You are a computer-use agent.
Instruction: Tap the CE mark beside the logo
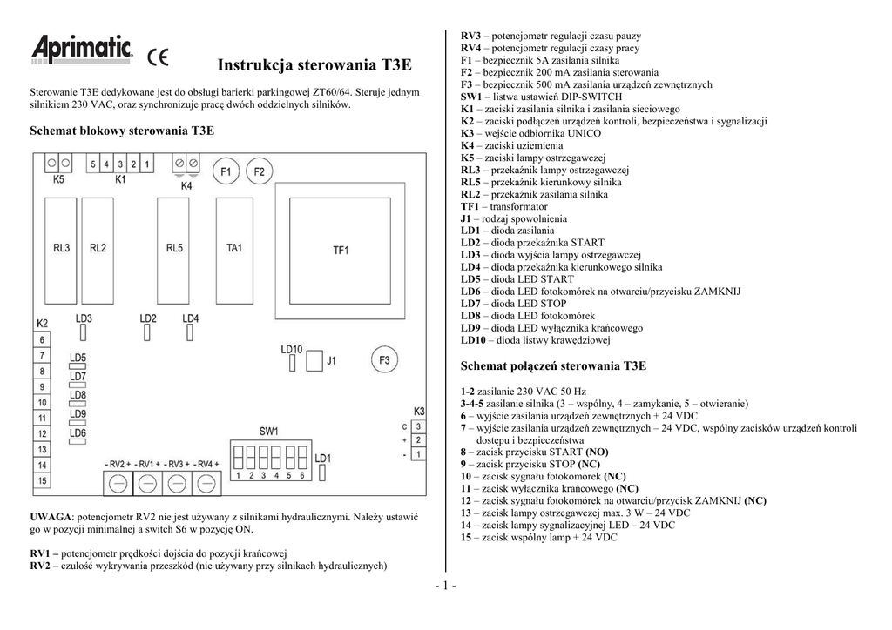tap(158, 58)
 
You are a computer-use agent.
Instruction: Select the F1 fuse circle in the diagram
tap(225, 172)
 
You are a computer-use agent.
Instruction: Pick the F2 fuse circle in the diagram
tap(259, 172)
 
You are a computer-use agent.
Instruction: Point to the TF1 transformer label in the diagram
tap(341, 250)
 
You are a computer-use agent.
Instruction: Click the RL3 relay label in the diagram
tap(61, 248)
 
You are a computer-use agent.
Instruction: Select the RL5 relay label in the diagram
tap(174, 248)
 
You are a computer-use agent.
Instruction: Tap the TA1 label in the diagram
tap(234, 248)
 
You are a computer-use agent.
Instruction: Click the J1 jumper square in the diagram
tap(312, 359)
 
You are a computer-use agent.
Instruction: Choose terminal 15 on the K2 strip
tap(43, 480)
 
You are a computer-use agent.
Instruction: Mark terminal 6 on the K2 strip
tap(43, 338)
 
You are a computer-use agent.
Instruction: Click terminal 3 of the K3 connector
tap(418, 426)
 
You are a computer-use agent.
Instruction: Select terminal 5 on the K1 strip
tap(93, 164)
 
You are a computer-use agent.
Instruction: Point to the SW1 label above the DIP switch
tap(268, 431)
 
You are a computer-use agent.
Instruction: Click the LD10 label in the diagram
tap(291, 349)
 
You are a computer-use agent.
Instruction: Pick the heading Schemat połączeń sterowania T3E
tap(553, 366)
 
